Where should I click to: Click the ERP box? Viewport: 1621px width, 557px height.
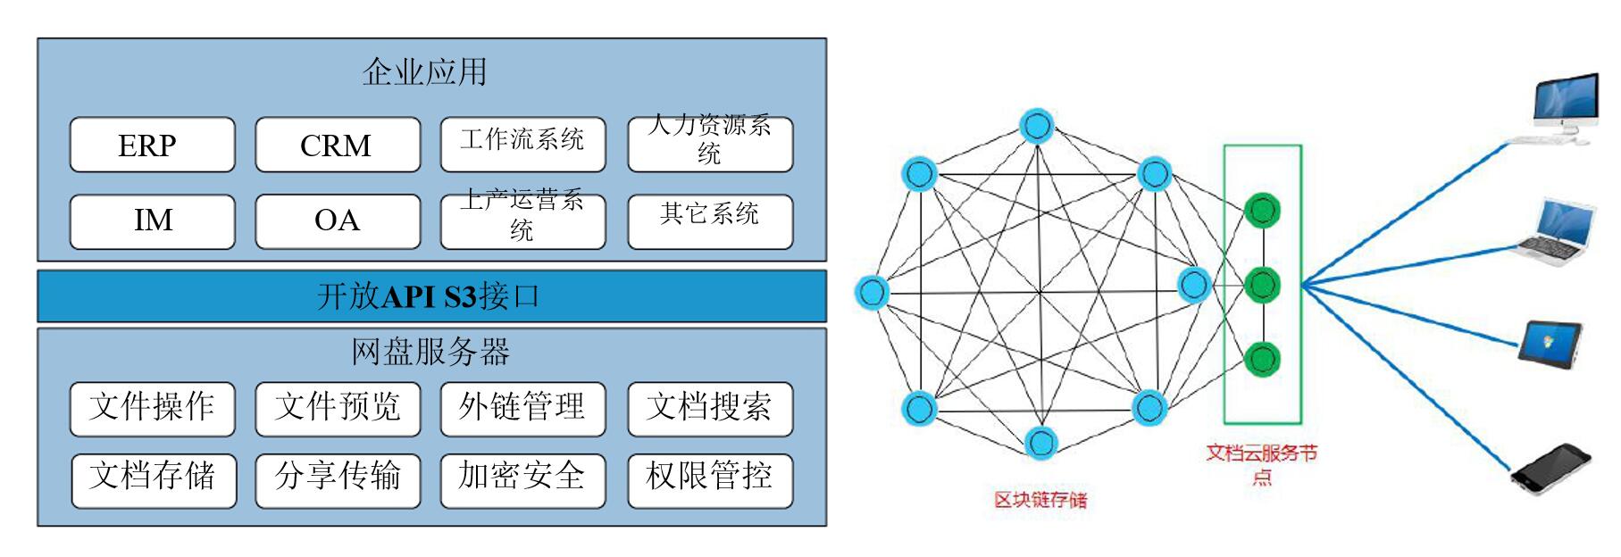pyautogui.click(x=152, y=145)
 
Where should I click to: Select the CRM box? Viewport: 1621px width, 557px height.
pyautogui.click(x=337, y=145)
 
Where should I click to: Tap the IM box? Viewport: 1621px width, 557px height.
pyautogui.click(x=152, y=220)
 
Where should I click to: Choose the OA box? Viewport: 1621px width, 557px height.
pyautogui.click(x=337, y=220)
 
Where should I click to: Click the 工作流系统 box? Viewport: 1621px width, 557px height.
pyautogui.click(x=522, y=143)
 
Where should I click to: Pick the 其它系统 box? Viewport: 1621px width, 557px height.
pyautogui.click(x=709, y=220)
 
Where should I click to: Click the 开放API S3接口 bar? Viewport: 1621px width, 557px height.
pyautogui.click(x=431, y=296)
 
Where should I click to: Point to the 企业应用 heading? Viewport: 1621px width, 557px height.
pyautogui.click(x=425, y=72)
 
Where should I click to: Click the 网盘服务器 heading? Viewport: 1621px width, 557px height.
pyautogui.click(x=430, y=352)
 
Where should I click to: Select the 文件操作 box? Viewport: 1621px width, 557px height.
pyautogui.click(x=152, y=408)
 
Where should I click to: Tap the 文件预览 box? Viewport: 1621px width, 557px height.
pyautogui.click(x=337, y=408)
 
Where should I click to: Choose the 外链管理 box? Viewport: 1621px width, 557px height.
pyautogui.click(x=522, y=408)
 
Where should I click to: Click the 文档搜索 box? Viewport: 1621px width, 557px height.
pyautogui.click(x=709, y=408)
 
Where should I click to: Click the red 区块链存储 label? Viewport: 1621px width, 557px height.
pyautogui.click(x=1041, y=500)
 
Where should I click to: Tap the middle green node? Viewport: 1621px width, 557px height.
pyautogui.click(x=1262, y=285)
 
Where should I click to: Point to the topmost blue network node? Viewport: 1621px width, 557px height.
pyautogui.click(x=1038, y=125)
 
